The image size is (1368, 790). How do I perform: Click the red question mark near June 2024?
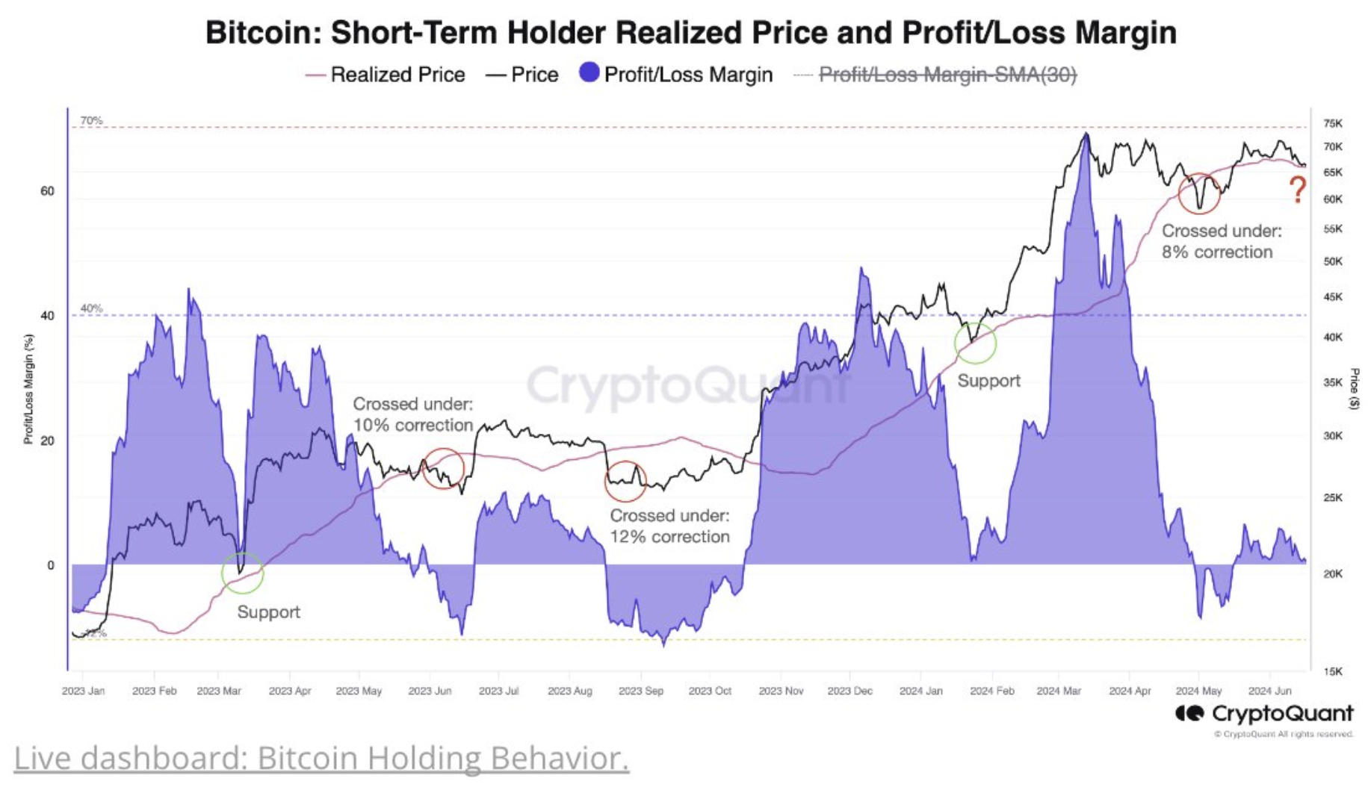click(1298, 190)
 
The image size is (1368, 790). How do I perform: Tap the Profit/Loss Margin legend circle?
click(589, 72)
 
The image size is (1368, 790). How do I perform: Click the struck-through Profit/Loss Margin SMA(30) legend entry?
click(947, 75)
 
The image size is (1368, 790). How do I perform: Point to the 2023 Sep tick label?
click(640, 691)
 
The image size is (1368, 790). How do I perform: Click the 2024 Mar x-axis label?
click(1058, 691)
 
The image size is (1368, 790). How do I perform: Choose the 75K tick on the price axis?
click(1332, 123)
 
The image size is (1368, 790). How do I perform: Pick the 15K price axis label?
click(1332, 671)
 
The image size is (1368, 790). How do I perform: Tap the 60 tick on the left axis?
click(47, 191)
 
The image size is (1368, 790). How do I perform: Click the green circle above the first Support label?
click(242, 573)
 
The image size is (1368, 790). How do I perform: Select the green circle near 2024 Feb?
click(975, 343)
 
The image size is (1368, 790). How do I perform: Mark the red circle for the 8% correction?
click(1198, 193)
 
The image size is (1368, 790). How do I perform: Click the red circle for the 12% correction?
click(625, 481)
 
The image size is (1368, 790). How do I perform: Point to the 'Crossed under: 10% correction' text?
click(412, 414)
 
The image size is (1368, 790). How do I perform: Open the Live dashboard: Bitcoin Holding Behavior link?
click(321, 758)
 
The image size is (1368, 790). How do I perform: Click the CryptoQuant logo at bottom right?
click(1263, 714)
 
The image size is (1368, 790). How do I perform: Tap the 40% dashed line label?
click(91, 308)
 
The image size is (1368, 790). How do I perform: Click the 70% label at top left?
click(91, 120)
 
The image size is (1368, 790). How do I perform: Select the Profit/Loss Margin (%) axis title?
click(28, 388)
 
